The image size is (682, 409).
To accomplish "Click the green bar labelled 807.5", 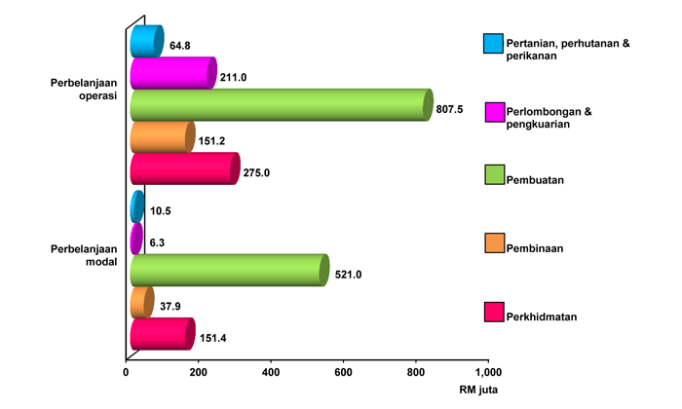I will pos(281,104).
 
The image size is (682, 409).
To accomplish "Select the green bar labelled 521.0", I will pos(229,270).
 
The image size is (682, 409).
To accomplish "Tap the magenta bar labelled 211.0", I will pos(172,73).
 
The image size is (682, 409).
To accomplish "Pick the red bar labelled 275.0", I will pos(184,168).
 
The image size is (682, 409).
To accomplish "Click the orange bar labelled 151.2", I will pos(162,136).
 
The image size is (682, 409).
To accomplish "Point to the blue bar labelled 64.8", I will pos(146,42).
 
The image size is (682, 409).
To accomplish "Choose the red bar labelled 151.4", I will pos(162,334).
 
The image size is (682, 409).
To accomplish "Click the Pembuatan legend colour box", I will pos(493,175).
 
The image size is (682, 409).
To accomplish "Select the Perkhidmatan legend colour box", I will pos(493,313).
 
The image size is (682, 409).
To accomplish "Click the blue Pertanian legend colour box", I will pos(493,44).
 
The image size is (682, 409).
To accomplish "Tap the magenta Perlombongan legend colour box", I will pos(493,112).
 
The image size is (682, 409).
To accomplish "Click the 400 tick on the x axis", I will pos(271,371).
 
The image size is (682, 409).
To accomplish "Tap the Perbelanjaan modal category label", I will pos(84,255).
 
